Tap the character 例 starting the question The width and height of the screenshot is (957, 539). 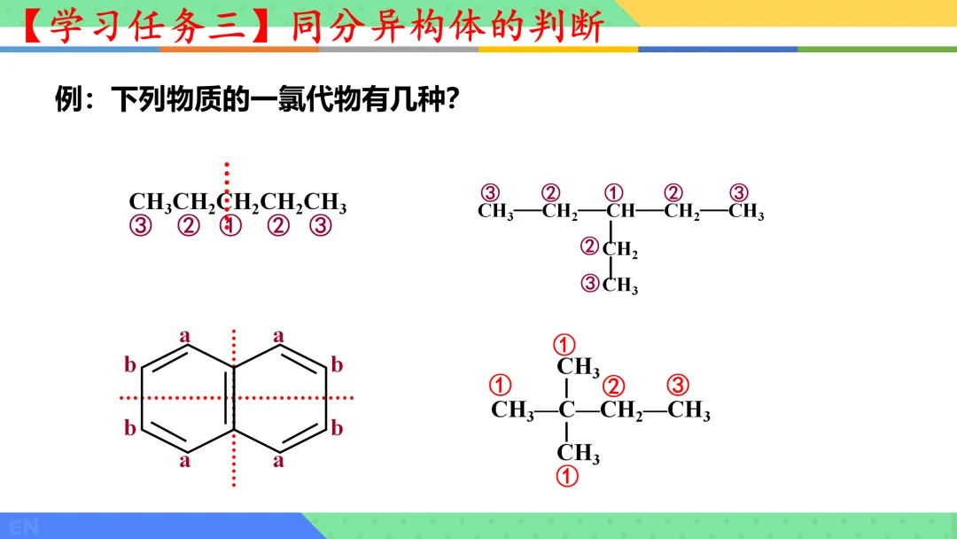click(68, 99)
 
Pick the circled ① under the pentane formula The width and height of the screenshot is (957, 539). click(230, 226)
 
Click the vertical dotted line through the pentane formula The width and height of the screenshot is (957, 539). click(227, 177)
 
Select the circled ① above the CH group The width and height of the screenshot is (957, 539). click(614, 193)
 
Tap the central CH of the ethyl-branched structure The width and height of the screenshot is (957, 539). click(620, 213)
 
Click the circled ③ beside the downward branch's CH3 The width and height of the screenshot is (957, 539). click(590, 284)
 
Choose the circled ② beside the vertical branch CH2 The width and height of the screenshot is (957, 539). click(590, 246)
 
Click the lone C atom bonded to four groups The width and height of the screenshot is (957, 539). click(567, 410)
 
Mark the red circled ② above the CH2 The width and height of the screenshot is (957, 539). click(614, 387)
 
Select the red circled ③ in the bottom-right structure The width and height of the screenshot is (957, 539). click(678, 386)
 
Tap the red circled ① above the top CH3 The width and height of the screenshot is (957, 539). click(565, 344)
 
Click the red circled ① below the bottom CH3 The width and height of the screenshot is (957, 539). click(567, 476)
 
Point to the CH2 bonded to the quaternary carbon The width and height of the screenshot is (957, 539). click(621, 411)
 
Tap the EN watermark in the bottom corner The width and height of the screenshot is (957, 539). click(24, 527)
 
